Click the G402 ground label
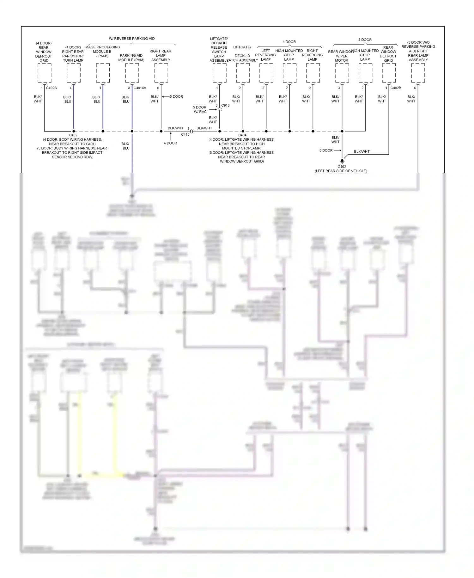pyautogui.click(x=342, y=167)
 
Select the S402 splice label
pyautogui.click(x=73, y=135)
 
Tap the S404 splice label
pyautogui.click(x=242, y=135)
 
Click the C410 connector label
pyautogui.click(x=185, y=134)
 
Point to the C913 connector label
pyautogui.click(x=225, y=105)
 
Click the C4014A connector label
pyautogui.click(x=140, y=88)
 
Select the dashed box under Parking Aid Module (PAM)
pyautogui.click(x=132, y=73)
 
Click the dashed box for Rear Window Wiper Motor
pyautogui.click(x=342, y=73)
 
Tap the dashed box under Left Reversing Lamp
pyautogui.click(x=266, y=73)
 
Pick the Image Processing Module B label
pyautogui.click(x=102, y=52)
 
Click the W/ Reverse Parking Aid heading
pyautogui.click(x=132, y=39)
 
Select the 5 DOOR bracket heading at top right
pyautogui.click(x=365, y=40)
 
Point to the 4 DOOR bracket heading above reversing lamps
pyautogui.click(x=289, y=42)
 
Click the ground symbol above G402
pyautogui.click(x=342, y=161)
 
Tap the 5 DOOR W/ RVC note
pyautogui.click(x=200, y=109)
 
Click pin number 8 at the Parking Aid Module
pyautogui.click(x=129, y=88)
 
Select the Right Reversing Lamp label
pyautogui.click(x=312, y=55)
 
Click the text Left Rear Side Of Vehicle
pyautogui.click(x=341, y=171)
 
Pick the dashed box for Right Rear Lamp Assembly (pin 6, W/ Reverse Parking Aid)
pyautogui.click(x=161, y=73)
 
